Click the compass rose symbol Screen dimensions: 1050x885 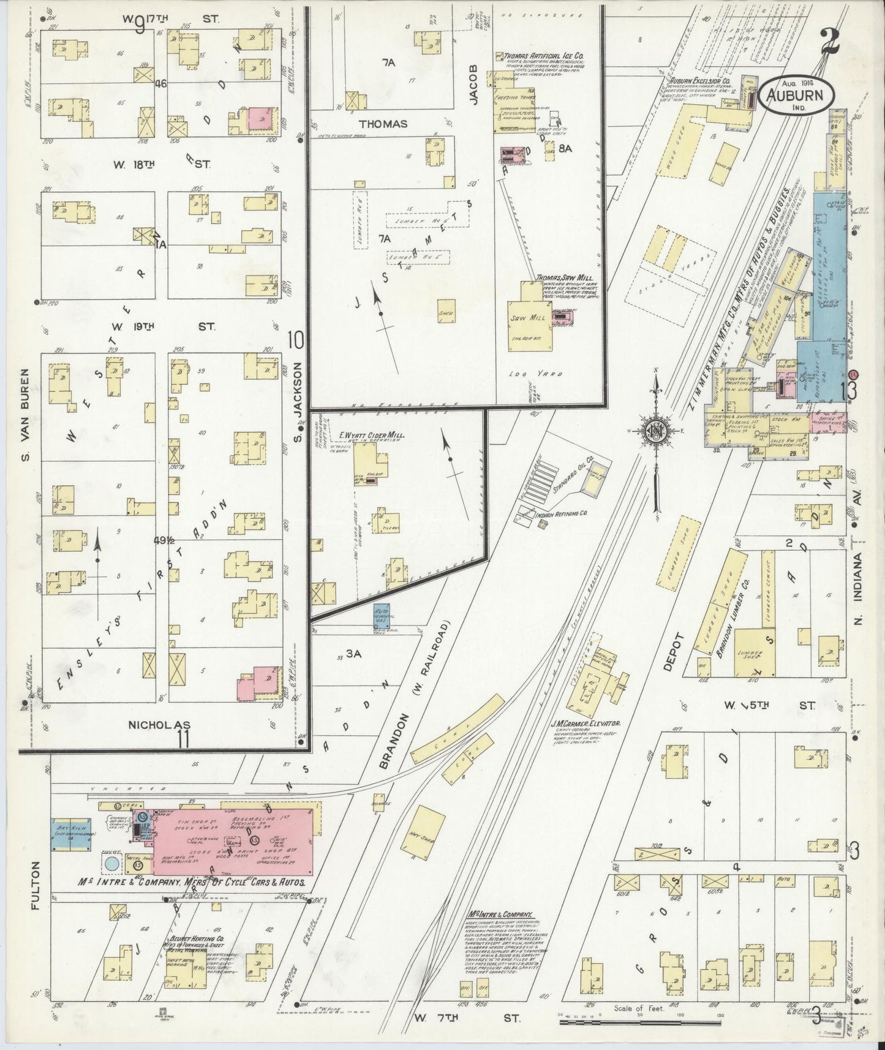[x=654, y=432]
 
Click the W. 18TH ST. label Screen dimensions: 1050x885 [x=162, y=164]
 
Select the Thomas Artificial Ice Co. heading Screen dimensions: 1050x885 [x=544, y=55]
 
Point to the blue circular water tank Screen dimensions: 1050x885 [x=112, y=863]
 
